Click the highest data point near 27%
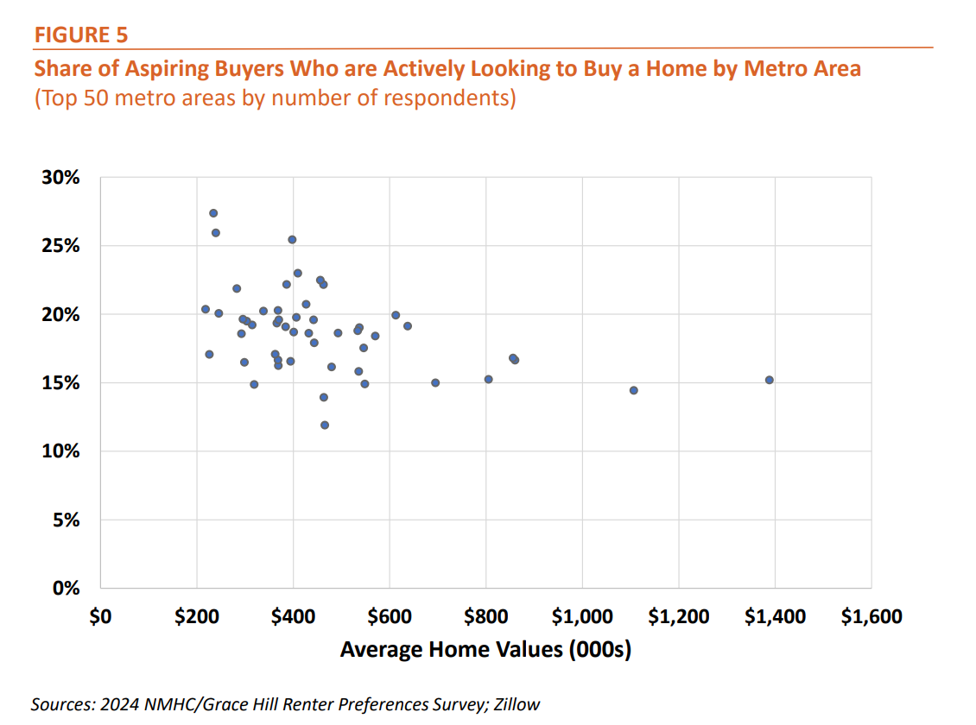coord(213,213)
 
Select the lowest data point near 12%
coord(325,425)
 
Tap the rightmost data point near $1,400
coord(769,380)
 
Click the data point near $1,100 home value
coord(633,390)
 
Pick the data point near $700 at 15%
coord(435,382)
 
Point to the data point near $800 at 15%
coord(488,379)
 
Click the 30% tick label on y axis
coord(61,178)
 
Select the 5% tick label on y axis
coord(67,520)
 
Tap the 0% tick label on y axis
coord(67,589)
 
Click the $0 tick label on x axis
coord(100,616)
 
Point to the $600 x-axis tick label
coord(390,616)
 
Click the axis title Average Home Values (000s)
coord(485,649)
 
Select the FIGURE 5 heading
coord(81,35)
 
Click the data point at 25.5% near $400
coord(292,239)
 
